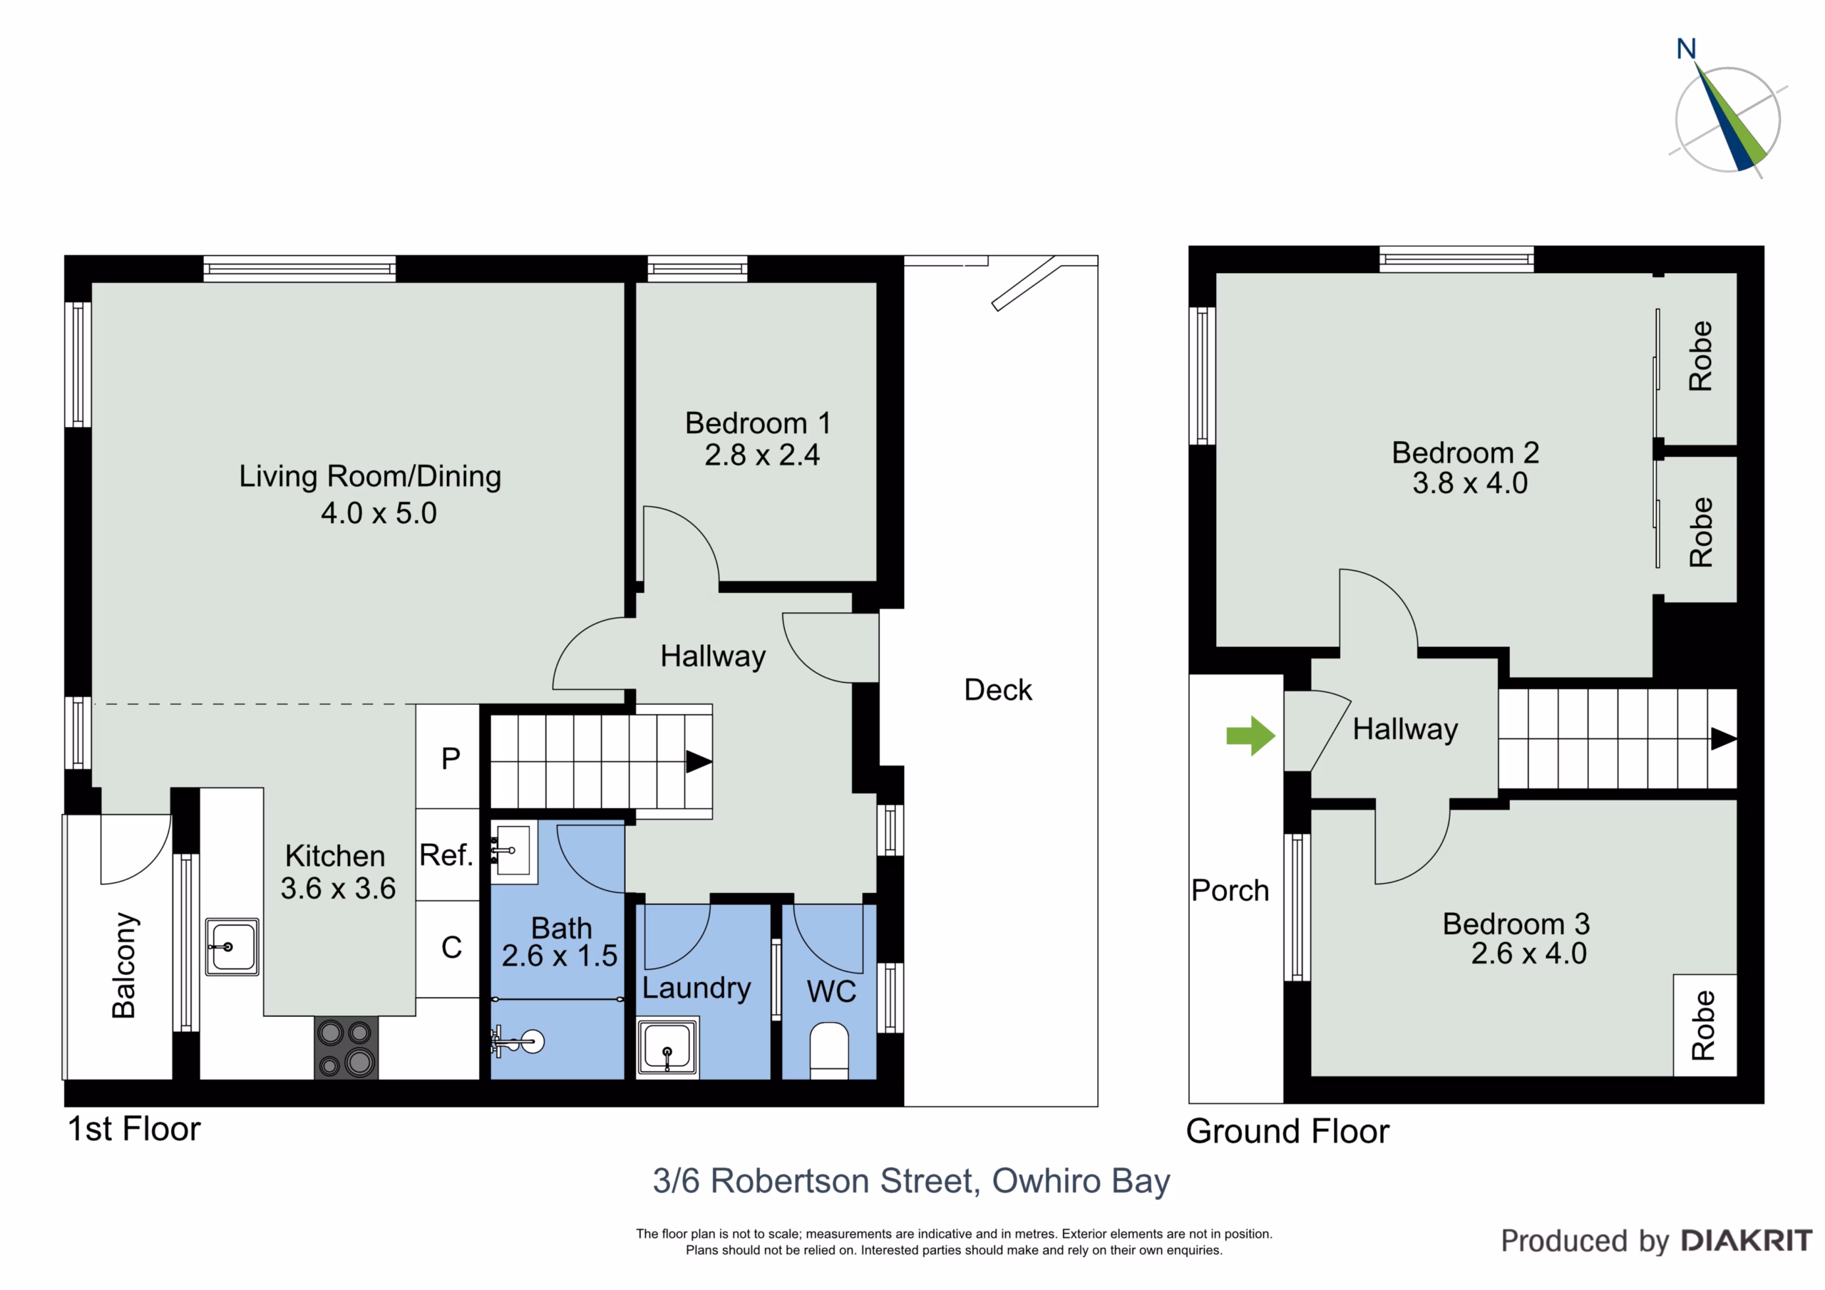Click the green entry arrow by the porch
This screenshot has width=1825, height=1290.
[x=1251, y=736]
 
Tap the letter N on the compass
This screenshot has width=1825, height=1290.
[x=1686, y=49]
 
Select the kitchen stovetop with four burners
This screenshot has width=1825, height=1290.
[x=346, y=1048]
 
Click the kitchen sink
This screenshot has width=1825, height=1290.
[x=231, y=946]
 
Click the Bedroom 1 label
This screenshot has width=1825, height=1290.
[x=759, y=423]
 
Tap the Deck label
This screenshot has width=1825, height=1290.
[x=997, y=690]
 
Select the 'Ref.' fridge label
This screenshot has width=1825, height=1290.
[x=446, y=855]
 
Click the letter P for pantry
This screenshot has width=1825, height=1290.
[x=451, y=759]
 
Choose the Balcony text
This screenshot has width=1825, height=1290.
[x=124, y=965]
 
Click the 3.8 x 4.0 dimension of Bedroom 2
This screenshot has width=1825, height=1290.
[x=1470, y=483]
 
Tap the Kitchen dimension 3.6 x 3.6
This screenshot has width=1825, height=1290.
[x=338, y=888]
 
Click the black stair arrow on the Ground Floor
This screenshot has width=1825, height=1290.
[x=1723, y=738]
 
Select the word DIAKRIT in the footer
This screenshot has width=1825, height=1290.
[x=1747, y=1241]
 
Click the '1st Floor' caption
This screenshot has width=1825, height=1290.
[x=134, y=1129]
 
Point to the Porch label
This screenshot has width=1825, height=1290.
[x=1230, y=891]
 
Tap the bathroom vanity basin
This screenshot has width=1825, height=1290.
[x=513, y=850]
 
